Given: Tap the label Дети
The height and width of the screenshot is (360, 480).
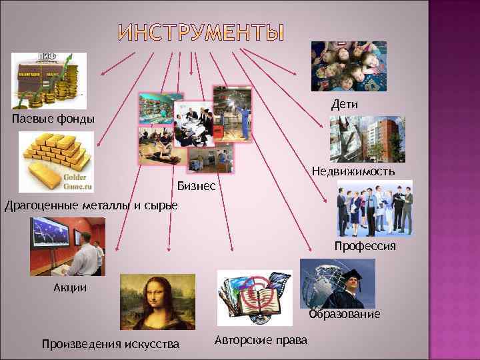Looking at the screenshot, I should coord(345,105).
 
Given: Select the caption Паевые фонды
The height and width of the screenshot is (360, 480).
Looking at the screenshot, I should coord(53,119).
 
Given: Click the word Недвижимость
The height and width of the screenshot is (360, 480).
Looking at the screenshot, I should coord(353,171).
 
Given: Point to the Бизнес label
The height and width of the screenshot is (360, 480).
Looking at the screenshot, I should coord(197,185).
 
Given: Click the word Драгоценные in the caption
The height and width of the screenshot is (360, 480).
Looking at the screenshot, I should coord(41,204).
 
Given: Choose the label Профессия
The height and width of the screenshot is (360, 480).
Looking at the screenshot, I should coord(365,246).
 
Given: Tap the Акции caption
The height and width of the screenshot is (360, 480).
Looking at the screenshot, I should coord(70,288).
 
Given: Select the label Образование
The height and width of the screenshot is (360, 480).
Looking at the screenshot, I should coord(345,313).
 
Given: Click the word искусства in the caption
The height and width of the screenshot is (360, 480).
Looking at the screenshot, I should coord(151,344).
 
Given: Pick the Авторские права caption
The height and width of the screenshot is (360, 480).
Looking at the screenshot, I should coord(261,340).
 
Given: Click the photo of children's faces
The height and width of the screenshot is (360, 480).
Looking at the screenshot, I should coord(349,66).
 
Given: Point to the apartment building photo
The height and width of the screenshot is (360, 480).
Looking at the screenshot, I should coord(367,139).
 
